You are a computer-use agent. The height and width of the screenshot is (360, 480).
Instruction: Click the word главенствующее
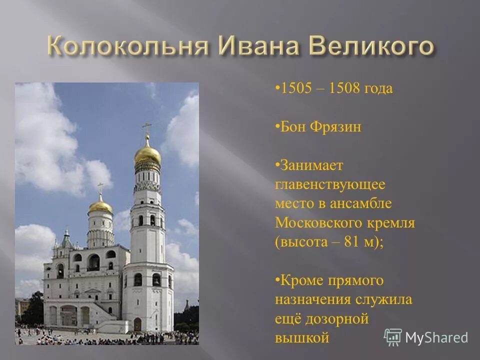click(x=330, y=184)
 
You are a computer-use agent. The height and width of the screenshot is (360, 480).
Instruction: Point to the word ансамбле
click(x=360, y=203)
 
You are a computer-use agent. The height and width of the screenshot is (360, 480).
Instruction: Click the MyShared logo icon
click(x=392, y=337)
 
